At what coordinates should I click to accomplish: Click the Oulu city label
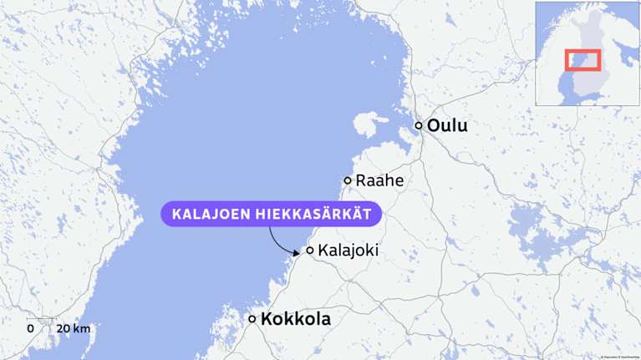pyautogui.click(x=447, y=126)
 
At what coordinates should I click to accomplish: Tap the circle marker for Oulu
pyautogui.click(x=420, y=126)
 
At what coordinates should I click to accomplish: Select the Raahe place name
pyautogui.click(x=379, y=180)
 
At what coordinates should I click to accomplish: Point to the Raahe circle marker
pyautogui.click(x=348, y=180)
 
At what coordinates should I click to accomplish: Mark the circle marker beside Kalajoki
pyautogui.click(x=310, y=250)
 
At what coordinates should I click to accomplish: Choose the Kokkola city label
pyautogui.click(x=296, y=319)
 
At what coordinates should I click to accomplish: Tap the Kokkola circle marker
pyautogui.click(x=252, y=319)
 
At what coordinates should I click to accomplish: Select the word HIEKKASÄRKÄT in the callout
pyautogui.click(x=317, y=214)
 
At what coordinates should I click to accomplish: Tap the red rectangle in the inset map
pyautogui.click(x=582, y=60)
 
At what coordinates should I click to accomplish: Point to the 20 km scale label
pyautogui.click(x=73, y=328)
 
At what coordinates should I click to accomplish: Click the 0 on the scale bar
pyautogui.click(x=31, y=328)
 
